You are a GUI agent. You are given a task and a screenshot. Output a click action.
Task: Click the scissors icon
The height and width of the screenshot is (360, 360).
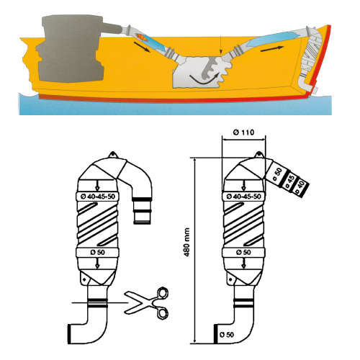[147, 303]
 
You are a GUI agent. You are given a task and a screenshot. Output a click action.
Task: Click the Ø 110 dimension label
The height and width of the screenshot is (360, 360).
[243, 132]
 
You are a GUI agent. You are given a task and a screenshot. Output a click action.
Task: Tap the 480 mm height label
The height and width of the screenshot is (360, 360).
[187, 242]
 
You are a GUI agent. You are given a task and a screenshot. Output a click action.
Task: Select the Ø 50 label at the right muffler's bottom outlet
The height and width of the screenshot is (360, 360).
[227, 335]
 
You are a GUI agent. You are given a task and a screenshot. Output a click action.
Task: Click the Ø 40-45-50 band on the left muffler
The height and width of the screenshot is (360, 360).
[98, 197]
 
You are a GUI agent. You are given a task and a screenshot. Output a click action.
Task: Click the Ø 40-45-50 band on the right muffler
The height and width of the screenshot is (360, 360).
[243, 197]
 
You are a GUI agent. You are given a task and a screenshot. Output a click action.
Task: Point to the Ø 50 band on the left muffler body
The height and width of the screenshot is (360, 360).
[97, 253]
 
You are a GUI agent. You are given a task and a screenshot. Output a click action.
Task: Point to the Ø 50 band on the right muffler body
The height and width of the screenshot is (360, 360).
[243, 253]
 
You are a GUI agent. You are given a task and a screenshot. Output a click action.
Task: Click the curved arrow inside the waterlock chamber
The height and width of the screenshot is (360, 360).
[204, 81]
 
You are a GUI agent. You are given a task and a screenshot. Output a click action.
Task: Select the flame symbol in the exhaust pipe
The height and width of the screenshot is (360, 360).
[140, 37]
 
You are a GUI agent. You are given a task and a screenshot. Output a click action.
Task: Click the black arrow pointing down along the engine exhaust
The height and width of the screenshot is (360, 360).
[142, 47]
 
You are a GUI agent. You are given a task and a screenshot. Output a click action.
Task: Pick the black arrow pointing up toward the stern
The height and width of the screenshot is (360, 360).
[272, 49]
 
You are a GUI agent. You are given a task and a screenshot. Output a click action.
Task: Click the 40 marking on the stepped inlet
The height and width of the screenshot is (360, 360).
[300, 187]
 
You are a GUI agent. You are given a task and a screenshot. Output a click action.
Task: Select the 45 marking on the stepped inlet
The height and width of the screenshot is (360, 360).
[289, 181]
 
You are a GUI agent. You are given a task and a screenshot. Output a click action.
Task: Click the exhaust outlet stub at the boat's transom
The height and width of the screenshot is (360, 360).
[315, 90]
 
